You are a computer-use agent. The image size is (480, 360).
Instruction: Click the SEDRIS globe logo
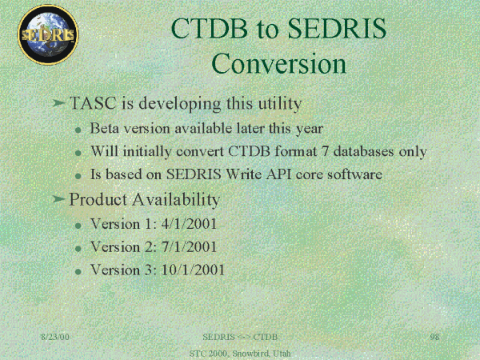click(x=48, y=34)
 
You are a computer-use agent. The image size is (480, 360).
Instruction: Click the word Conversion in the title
click(x=278, y=63)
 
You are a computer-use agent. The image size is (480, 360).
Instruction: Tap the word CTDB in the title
click(x=209, y=28)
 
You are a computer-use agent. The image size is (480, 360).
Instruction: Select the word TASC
click(x=93, y=103)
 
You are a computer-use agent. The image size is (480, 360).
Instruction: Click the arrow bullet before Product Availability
click(x=58, y=199)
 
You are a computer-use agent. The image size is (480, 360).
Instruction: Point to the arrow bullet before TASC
click(x=58, y=103)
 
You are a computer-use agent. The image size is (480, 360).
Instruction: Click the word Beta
click(x=104, y=128)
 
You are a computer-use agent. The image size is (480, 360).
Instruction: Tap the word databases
click(x=363, y=151)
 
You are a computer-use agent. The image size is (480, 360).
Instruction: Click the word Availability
click(x=176, y=199)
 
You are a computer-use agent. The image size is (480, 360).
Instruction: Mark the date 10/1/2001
click(x=193, y=270)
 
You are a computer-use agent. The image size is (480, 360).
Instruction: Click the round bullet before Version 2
click(x=78, y=249)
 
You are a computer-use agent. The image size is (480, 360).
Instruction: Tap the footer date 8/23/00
click(x=55, y=337)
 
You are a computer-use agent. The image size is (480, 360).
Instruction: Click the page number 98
click(x=434, y=337)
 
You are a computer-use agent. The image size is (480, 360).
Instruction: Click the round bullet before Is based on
click(x=78, y=176)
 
